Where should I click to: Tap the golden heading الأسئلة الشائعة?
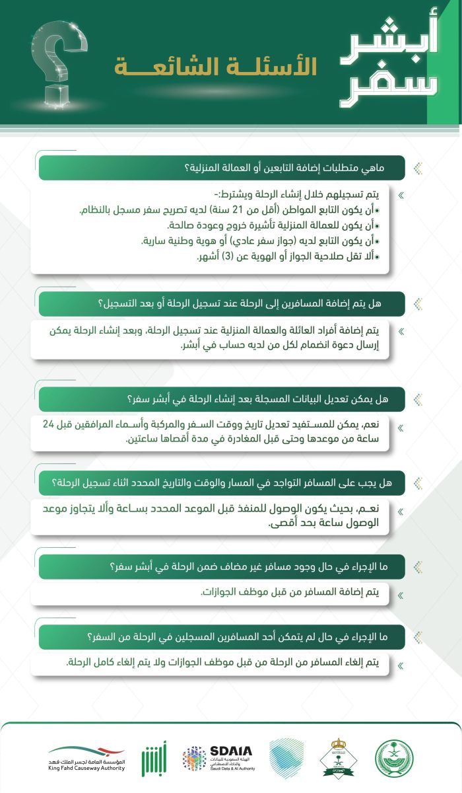click(x=215, y=67)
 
